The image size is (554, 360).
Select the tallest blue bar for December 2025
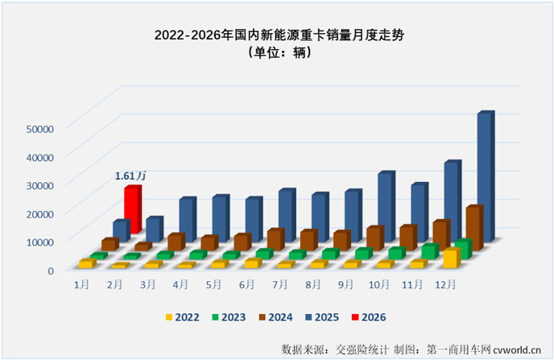pos(484,176)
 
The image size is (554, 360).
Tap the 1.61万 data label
pos(130,175)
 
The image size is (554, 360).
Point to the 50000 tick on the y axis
pos(39,128)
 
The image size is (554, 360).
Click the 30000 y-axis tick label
pos(39,184)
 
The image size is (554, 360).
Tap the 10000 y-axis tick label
pos(39,242)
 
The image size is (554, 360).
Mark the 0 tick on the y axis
pos(49,270)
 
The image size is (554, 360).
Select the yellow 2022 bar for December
pos(450,259)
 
